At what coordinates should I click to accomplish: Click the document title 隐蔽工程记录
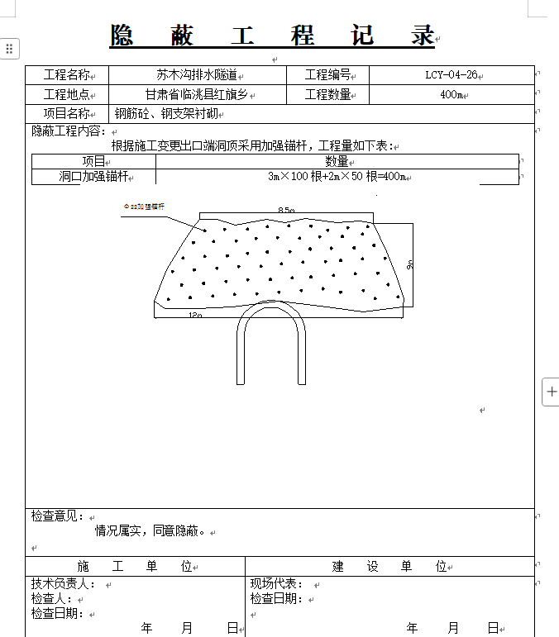[273, 36]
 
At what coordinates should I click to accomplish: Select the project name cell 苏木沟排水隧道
[197, 75]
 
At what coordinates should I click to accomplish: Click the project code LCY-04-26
[451, 75]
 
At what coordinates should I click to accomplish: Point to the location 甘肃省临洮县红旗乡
[196, 95]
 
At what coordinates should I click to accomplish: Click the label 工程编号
[327, 75]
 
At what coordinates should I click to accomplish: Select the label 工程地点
[66, 95]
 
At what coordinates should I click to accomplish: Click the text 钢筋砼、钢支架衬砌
[165, 114]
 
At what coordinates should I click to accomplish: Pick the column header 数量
[337, 162]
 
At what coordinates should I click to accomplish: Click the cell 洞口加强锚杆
[93, 177]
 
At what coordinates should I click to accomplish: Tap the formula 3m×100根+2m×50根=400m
[337, 177]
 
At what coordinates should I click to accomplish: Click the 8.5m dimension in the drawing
[286, 211]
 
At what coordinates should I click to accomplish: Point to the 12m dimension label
[195, 315]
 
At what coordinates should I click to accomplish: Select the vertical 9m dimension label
[409, 265]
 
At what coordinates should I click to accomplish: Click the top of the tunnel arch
[271, 303]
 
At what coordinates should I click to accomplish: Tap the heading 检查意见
[57, 516]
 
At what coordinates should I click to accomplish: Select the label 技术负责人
[64, 584]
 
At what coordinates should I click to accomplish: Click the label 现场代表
[277, 584]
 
